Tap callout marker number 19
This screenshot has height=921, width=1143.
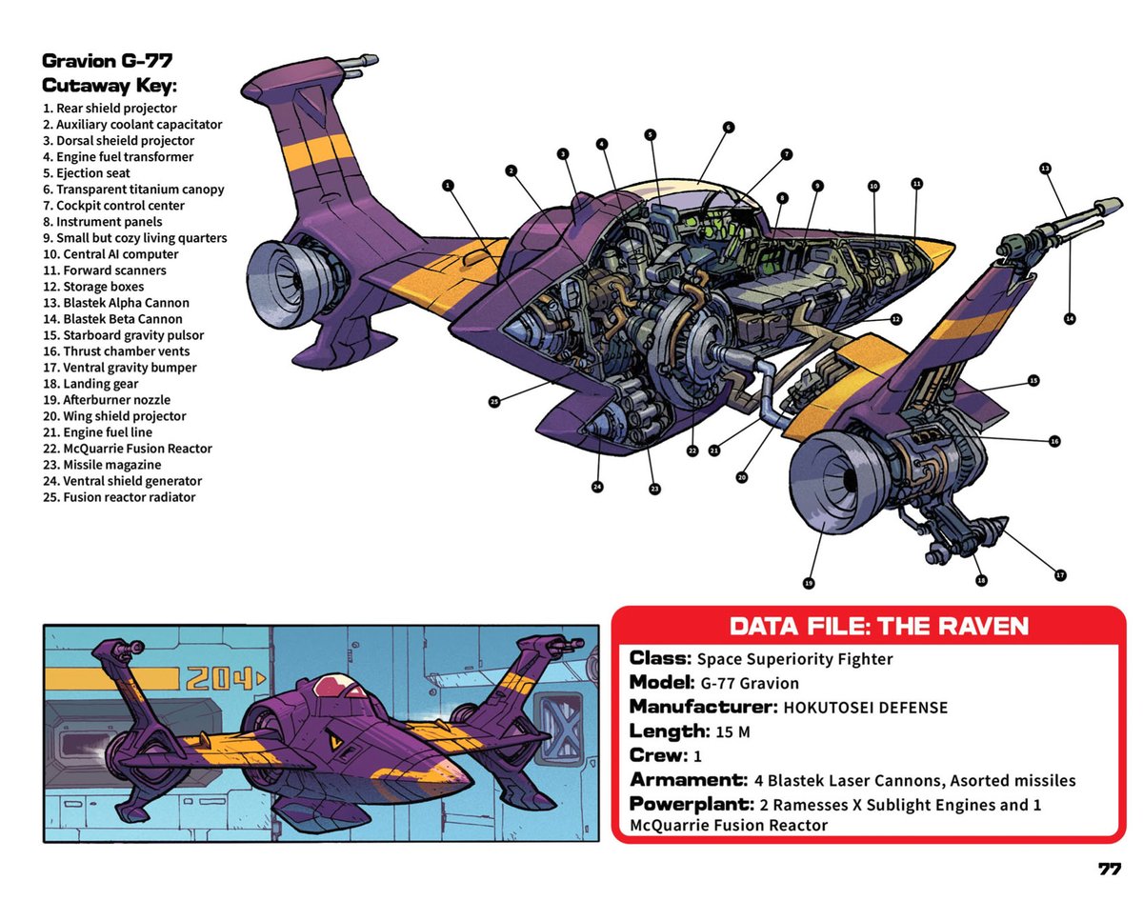click(809, 582)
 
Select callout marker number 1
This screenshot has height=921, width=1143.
click(447, 186)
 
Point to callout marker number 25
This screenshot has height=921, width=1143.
click(494, 402)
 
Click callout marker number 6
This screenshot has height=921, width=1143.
click(728, 127)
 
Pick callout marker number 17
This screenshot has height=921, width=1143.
click(1060, 574)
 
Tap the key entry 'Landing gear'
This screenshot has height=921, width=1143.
click(93, 384)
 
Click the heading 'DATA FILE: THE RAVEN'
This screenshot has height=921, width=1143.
click(878, 626)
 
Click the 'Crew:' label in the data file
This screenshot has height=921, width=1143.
click(658, 755)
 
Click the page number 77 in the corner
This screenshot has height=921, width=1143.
click(1109, 870)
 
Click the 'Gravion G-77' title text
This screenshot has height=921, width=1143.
click(107, 62)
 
